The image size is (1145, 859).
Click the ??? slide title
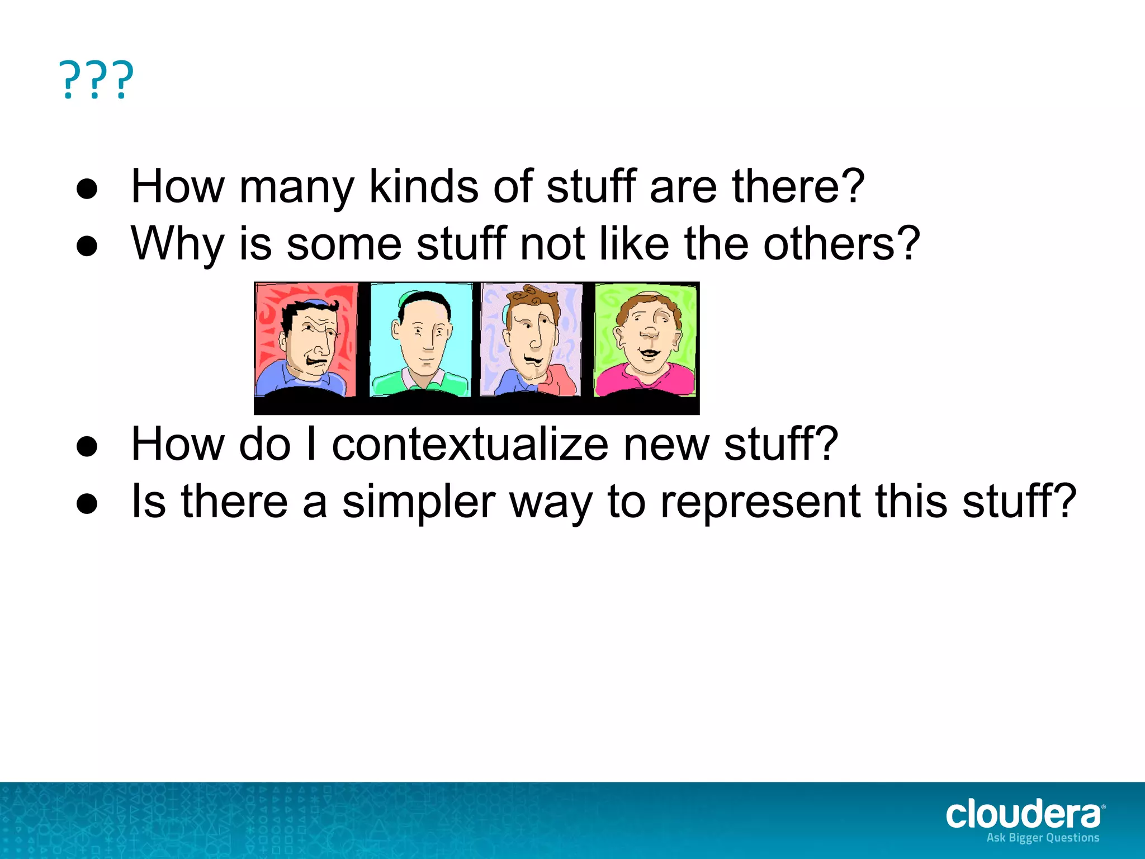coord(96,80)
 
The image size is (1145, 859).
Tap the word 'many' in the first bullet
coord(296,188)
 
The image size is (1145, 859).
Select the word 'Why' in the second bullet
coord(177,244)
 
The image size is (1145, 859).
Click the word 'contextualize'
coord(470,444)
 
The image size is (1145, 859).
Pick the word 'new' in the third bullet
coord(666,445)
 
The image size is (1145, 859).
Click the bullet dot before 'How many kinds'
coord(87,189)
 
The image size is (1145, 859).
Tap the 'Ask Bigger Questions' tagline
coord(1043,838)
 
